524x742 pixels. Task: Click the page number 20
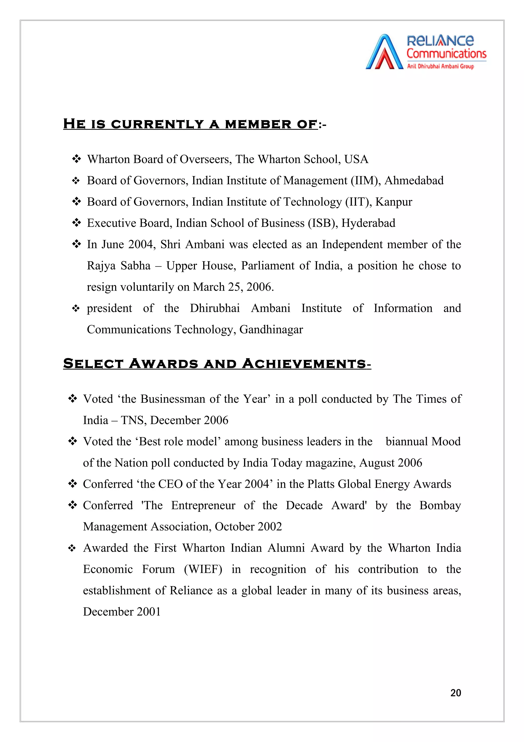[455, 693]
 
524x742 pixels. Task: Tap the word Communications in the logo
[446, 54]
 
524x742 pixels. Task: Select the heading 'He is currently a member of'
[190, 124]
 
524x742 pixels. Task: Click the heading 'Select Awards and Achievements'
[217, 364]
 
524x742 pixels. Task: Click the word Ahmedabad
[414, 180]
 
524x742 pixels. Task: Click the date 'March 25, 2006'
[233, 287]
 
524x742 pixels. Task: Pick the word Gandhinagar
[271, 330]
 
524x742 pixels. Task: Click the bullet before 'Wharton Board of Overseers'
[76, 159]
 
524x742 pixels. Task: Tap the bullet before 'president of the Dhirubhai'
[76, 309]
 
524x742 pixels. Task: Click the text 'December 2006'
[189, 420]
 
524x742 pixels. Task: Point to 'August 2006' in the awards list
[390, 463]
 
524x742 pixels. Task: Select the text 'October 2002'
[248, 527]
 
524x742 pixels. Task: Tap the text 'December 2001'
[122, 612]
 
